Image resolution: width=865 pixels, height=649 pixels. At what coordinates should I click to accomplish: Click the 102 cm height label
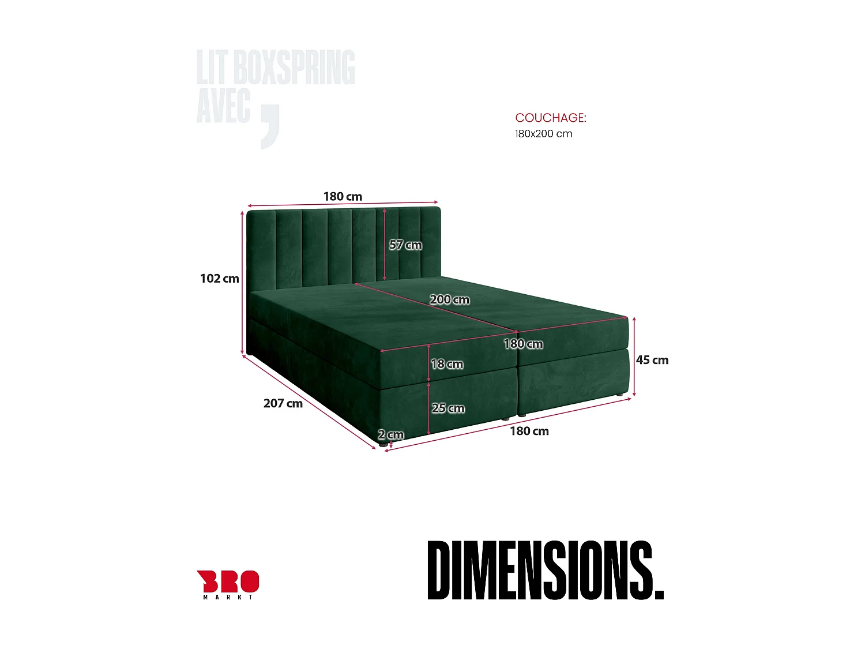[219, 279]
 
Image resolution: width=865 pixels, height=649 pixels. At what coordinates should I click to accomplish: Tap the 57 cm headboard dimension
[405, 245]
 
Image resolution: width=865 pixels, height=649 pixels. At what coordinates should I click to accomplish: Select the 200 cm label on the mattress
[449, 300]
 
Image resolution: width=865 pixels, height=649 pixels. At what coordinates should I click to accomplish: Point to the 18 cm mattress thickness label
[447, 364]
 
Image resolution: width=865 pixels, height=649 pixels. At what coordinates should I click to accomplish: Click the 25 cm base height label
[448, 408]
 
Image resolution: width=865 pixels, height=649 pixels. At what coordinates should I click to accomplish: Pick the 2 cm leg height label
[391, 434]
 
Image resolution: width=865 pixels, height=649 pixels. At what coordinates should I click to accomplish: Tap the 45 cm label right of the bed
[652, 360]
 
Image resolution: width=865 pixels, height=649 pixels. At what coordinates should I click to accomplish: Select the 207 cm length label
[283, 404]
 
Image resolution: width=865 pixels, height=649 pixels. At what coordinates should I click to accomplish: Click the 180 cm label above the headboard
[343, 197]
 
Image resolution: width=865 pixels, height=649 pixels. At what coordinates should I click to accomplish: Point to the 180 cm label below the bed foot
[529, 432]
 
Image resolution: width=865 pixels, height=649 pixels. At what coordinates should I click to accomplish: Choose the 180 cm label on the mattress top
[523, 344]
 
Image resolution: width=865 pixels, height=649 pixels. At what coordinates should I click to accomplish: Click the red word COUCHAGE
[550, 118]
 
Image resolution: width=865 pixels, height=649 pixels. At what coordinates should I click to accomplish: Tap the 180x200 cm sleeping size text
[543, 134]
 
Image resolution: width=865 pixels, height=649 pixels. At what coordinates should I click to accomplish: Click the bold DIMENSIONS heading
[545, 570]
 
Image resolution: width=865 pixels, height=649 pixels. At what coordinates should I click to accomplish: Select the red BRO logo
[228, 581]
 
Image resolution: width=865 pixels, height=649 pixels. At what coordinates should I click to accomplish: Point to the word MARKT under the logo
[228, 597]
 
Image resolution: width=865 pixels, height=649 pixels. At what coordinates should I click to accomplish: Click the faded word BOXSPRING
[294, 67]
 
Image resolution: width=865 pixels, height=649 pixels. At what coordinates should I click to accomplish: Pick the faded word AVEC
[224, 106]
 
